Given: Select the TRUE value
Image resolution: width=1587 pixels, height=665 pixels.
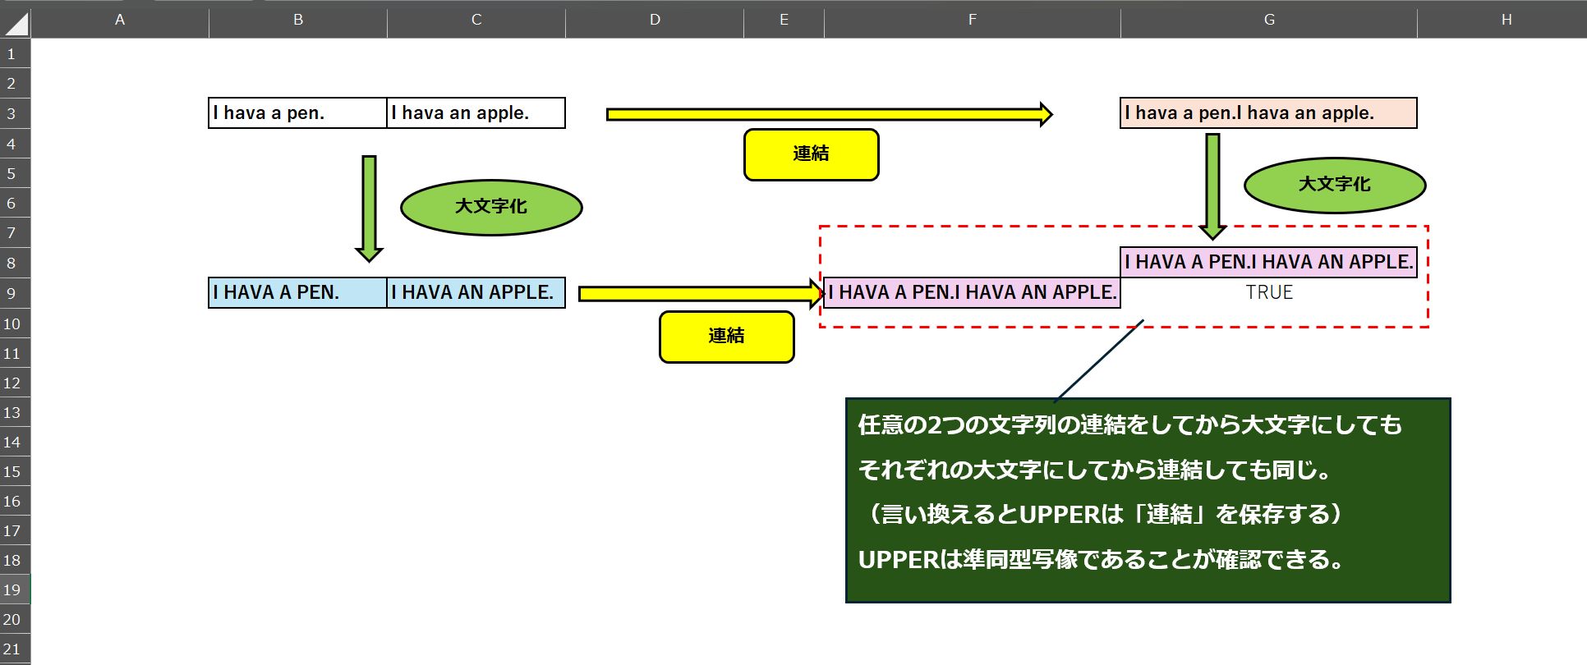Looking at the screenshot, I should click(1268, 292).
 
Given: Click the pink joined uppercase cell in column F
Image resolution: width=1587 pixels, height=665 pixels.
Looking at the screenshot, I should click(972, 293).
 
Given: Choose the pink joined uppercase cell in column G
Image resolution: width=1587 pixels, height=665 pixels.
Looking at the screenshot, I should click(1268, 263).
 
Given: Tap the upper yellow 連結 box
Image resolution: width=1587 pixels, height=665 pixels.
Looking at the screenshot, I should click(811, 154).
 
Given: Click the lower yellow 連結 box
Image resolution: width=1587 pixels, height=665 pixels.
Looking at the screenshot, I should click(726, 337).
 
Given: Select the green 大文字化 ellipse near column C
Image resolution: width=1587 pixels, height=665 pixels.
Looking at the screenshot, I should click(491, 207).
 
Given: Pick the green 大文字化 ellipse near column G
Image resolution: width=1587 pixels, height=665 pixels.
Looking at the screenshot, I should click(1334, 185).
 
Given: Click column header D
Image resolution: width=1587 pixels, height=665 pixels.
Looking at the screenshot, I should click(655, 20).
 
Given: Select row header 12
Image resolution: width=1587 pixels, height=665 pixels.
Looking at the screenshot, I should click(12, 383).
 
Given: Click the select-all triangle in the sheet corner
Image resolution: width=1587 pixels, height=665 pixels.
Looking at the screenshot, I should click(16, 23).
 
